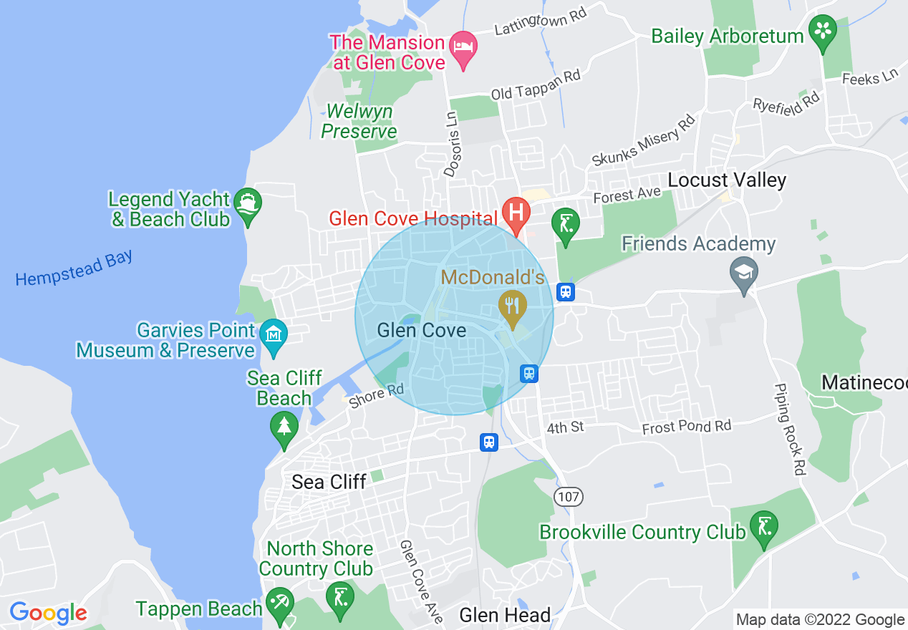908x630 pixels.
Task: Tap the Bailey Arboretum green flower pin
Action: pos(823,32)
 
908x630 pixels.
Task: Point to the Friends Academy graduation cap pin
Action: pos(744,273)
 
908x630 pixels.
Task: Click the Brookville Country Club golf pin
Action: pos(763,528)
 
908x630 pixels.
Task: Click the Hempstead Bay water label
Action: pos(74,268)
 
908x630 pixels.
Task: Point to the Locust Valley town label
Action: pos(727,180)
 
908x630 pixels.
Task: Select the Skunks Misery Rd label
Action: pos(643,140)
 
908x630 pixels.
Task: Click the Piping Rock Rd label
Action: pos(790,430)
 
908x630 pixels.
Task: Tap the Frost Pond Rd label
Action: pos(687,427)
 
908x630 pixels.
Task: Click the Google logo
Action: pos(48,613)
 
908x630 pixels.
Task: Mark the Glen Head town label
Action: pos(505,615)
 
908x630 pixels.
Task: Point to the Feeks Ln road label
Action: pos(869,77)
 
